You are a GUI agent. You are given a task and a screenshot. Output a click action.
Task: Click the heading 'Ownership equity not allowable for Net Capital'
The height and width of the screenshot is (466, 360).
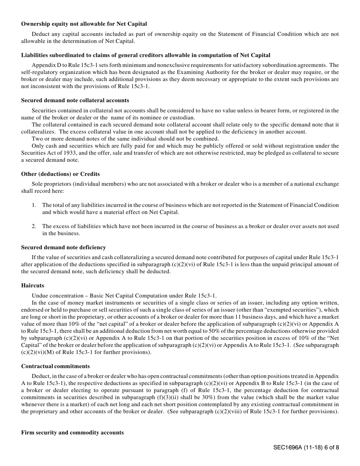[x=84, y=24]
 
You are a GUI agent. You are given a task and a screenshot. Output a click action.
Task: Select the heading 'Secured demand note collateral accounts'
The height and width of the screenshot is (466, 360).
[x=75, y=100]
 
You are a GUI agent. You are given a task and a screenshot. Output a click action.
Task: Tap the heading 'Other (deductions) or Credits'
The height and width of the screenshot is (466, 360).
[x=60, y=174]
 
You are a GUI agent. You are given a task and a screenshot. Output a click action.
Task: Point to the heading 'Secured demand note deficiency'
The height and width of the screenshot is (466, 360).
[x=63, y=247]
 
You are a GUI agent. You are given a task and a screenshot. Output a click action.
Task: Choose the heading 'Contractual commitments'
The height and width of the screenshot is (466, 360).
[x=55, y=366]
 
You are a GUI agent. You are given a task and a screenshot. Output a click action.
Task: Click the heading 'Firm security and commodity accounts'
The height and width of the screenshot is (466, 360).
[x=72, y=432]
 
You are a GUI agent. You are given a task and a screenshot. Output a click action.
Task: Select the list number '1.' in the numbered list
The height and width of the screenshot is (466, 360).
[x=34, y=205]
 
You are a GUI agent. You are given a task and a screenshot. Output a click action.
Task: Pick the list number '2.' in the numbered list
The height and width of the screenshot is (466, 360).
[x=34, y=226]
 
